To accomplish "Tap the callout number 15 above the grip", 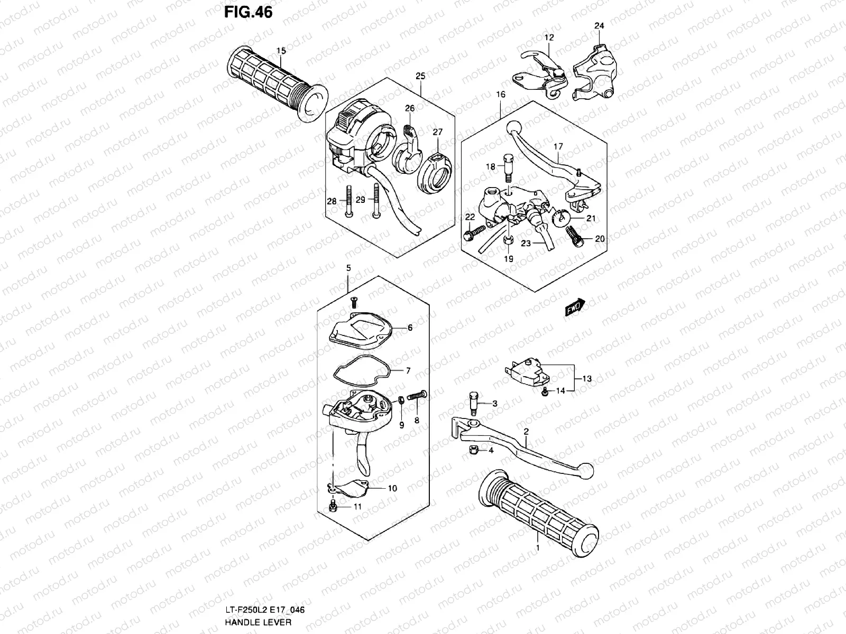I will [x=281, y=51].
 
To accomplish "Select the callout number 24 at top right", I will [x=599, y=26].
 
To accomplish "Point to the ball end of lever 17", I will [x=513, y=128].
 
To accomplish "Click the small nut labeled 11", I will [x=333, y=507].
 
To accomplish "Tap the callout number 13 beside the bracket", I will [x=587, y=379].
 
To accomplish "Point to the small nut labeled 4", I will [x=474, y=450].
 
